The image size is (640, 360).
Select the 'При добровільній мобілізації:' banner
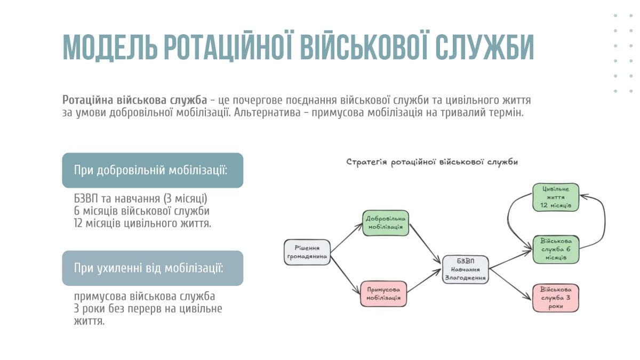click(x=153, y=170)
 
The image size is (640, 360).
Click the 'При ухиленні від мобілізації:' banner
click(x=153, y=268)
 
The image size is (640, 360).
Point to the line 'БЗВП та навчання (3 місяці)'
click(x=141, y=198)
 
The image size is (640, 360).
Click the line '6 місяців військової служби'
click(x=142, y=211)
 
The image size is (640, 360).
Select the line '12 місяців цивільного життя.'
click(x=142, y=223)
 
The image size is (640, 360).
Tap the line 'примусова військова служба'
click(x=145, y=297)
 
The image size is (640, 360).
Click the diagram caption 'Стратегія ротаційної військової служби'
click(x=432, y=162)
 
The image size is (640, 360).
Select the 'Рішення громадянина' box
click(x=307, y=252)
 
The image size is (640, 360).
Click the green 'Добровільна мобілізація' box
click(x=386, y=223)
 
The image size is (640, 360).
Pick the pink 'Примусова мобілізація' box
click(x=383, y=294)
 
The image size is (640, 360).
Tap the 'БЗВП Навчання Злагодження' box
click(x=466, y=269)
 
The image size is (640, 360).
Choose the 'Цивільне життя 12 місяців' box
click(x=556, y=197)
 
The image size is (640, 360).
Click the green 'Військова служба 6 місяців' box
click(x=556, y=250)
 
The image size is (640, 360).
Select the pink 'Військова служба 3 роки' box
click(x=556, y=298)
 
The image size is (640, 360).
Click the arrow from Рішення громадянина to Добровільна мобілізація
click(x=346, y=238)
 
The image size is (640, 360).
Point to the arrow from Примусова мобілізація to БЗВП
click(x=424, y=281)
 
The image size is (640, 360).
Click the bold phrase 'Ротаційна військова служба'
click(x=134, y=100)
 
